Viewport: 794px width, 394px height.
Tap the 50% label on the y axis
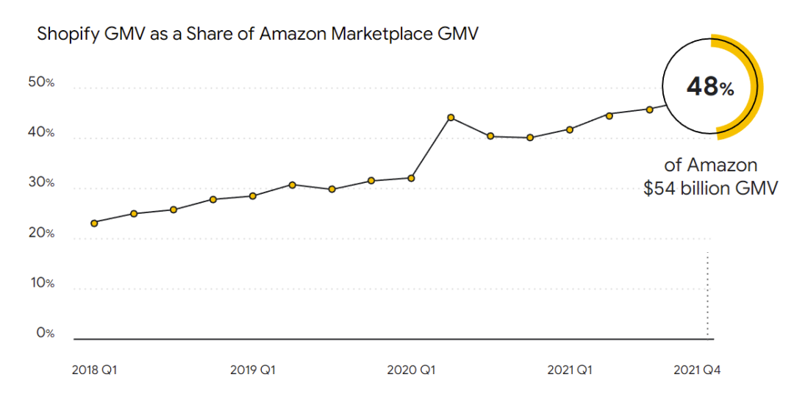[41, 82]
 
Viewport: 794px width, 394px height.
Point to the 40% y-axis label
[41, 132]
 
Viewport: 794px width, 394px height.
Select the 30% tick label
[41, 182]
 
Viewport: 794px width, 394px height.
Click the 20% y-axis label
[41, 233]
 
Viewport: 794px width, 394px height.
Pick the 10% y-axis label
[41, 283]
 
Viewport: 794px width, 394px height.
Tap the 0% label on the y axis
[45, 333]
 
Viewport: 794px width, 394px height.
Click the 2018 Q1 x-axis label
[94, 370]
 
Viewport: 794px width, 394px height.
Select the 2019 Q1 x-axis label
[252, 370]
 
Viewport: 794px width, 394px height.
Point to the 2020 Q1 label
[411, 370]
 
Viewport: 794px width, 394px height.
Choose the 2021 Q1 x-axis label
[571, 370]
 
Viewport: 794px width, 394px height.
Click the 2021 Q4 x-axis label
[697, 370]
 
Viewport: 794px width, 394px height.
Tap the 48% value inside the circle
[710, 87]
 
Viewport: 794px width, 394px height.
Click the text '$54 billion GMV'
[710, 188]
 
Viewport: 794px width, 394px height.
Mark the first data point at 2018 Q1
[94, 223]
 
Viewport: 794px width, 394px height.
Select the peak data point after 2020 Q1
[451, 118]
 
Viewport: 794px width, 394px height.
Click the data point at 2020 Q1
[411, 178]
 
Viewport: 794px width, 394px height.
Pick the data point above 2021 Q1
[570, 129]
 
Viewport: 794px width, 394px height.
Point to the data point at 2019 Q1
[252, 196]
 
